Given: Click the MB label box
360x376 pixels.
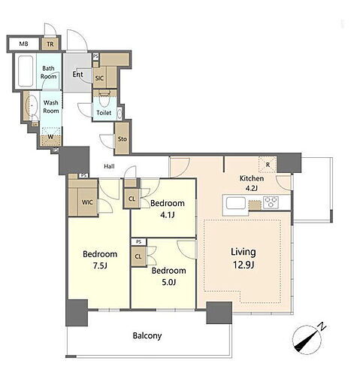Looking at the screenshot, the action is pos(24,44).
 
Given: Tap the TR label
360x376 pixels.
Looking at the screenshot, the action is pos(50,44).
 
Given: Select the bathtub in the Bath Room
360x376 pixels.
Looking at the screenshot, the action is pos(26,71).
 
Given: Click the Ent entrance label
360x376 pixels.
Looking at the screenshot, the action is pos(77,74).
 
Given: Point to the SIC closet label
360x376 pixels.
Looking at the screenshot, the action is pos(99,78).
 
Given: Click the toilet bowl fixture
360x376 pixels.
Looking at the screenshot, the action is pos(104,99).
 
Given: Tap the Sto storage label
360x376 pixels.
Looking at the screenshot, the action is pos(123,139).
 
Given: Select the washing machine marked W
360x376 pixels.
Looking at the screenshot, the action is pos(51,137).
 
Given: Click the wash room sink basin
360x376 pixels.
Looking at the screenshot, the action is pos(32,105).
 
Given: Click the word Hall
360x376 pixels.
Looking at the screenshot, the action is pos(109,166).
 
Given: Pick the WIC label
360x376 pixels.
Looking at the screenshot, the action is pos(87,202).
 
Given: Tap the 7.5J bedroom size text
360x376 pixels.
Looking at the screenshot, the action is pos(100,265).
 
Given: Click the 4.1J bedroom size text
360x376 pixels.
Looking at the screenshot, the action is pos(167,215).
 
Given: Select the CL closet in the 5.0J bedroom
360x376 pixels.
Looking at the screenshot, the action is pos(138,256).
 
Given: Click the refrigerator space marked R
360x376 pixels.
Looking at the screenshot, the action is pos(268,165).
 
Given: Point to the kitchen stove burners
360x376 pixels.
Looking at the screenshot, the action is pos(271,202).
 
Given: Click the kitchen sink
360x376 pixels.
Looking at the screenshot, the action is pos(235,203).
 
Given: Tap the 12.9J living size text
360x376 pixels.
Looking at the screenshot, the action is pos(244,265).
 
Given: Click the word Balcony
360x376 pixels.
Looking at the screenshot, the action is pos(147,335).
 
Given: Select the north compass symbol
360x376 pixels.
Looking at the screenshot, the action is pos(309,339).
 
